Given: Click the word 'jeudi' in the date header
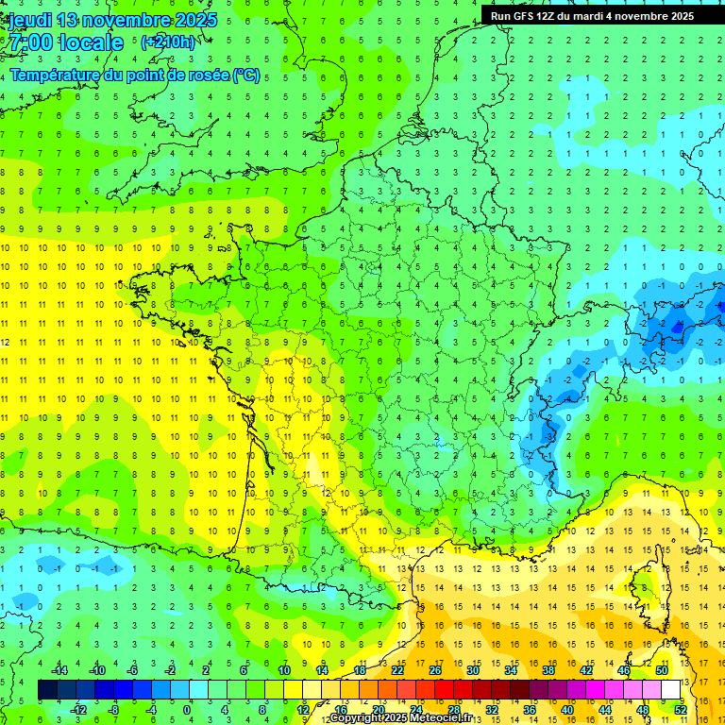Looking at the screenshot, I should click(29, 20).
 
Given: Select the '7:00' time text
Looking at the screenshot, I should click(30, 42).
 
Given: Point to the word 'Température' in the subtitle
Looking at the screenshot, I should click(54, 75).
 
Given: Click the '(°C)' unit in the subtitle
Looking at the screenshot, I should click(247, 75).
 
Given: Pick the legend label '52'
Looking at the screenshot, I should click(681, 710).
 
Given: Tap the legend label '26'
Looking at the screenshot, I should click(435, 670).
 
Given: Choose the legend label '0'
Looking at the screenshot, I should click(186, 710).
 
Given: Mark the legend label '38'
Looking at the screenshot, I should click(548, 670).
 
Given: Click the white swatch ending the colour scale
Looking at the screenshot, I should click(671, 690).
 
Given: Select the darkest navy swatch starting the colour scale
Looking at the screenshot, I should click(47, 690).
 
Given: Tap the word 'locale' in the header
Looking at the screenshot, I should click(92, 42).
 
